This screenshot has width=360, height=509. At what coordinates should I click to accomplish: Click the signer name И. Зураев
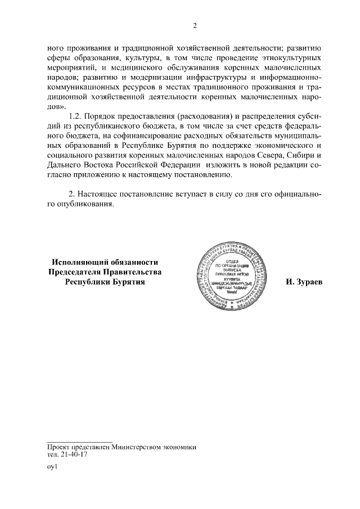304,282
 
